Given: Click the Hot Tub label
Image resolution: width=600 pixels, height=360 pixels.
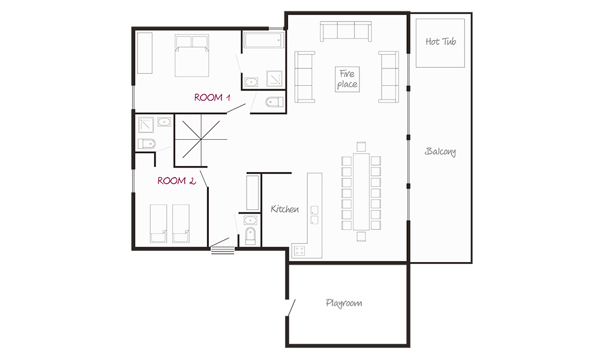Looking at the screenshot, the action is tap(441, 41).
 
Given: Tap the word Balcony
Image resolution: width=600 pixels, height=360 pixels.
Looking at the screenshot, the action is tap(440, 151).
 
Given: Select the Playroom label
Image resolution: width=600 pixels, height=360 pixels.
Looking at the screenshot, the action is tap(344, 304).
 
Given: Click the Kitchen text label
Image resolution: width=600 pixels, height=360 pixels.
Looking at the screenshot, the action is tap(284, 209).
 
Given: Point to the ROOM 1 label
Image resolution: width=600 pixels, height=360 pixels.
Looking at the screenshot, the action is tap(212, 98).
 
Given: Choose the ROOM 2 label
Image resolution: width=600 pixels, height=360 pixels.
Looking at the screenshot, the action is tap(176, 181).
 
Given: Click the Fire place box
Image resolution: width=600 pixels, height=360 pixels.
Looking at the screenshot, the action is tap(347, 79).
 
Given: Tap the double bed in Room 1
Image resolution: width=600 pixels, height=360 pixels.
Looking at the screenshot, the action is tap(192, 55).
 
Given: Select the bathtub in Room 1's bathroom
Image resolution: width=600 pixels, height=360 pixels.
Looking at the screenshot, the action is tap(264, 40).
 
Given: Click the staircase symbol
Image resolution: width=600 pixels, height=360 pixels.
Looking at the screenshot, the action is tap(200, 139).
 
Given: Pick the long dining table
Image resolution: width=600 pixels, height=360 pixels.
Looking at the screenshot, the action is tap(361, 191).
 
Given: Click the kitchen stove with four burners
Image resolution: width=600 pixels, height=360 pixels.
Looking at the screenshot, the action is tap(299, 251).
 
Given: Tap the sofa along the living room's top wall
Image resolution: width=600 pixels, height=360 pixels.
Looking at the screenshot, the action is tap(346, 31).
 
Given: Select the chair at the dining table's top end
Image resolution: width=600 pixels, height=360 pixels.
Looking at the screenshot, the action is tap(361, 146).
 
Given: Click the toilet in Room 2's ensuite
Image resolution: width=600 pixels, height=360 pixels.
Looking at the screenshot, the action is tap(146, 143).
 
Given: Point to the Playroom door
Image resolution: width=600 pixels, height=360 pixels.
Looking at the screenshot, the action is tap(291, 308).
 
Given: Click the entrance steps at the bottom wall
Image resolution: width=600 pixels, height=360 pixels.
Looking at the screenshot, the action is tap(223, 250).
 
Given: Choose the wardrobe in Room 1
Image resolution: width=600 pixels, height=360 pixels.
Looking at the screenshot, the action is tap(145, 53).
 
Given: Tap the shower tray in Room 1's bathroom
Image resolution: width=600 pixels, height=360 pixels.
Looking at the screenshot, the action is tap(274, 79).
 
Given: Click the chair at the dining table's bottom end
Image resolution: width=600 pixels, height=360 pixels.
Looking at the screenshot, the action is tap(361, 236).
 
